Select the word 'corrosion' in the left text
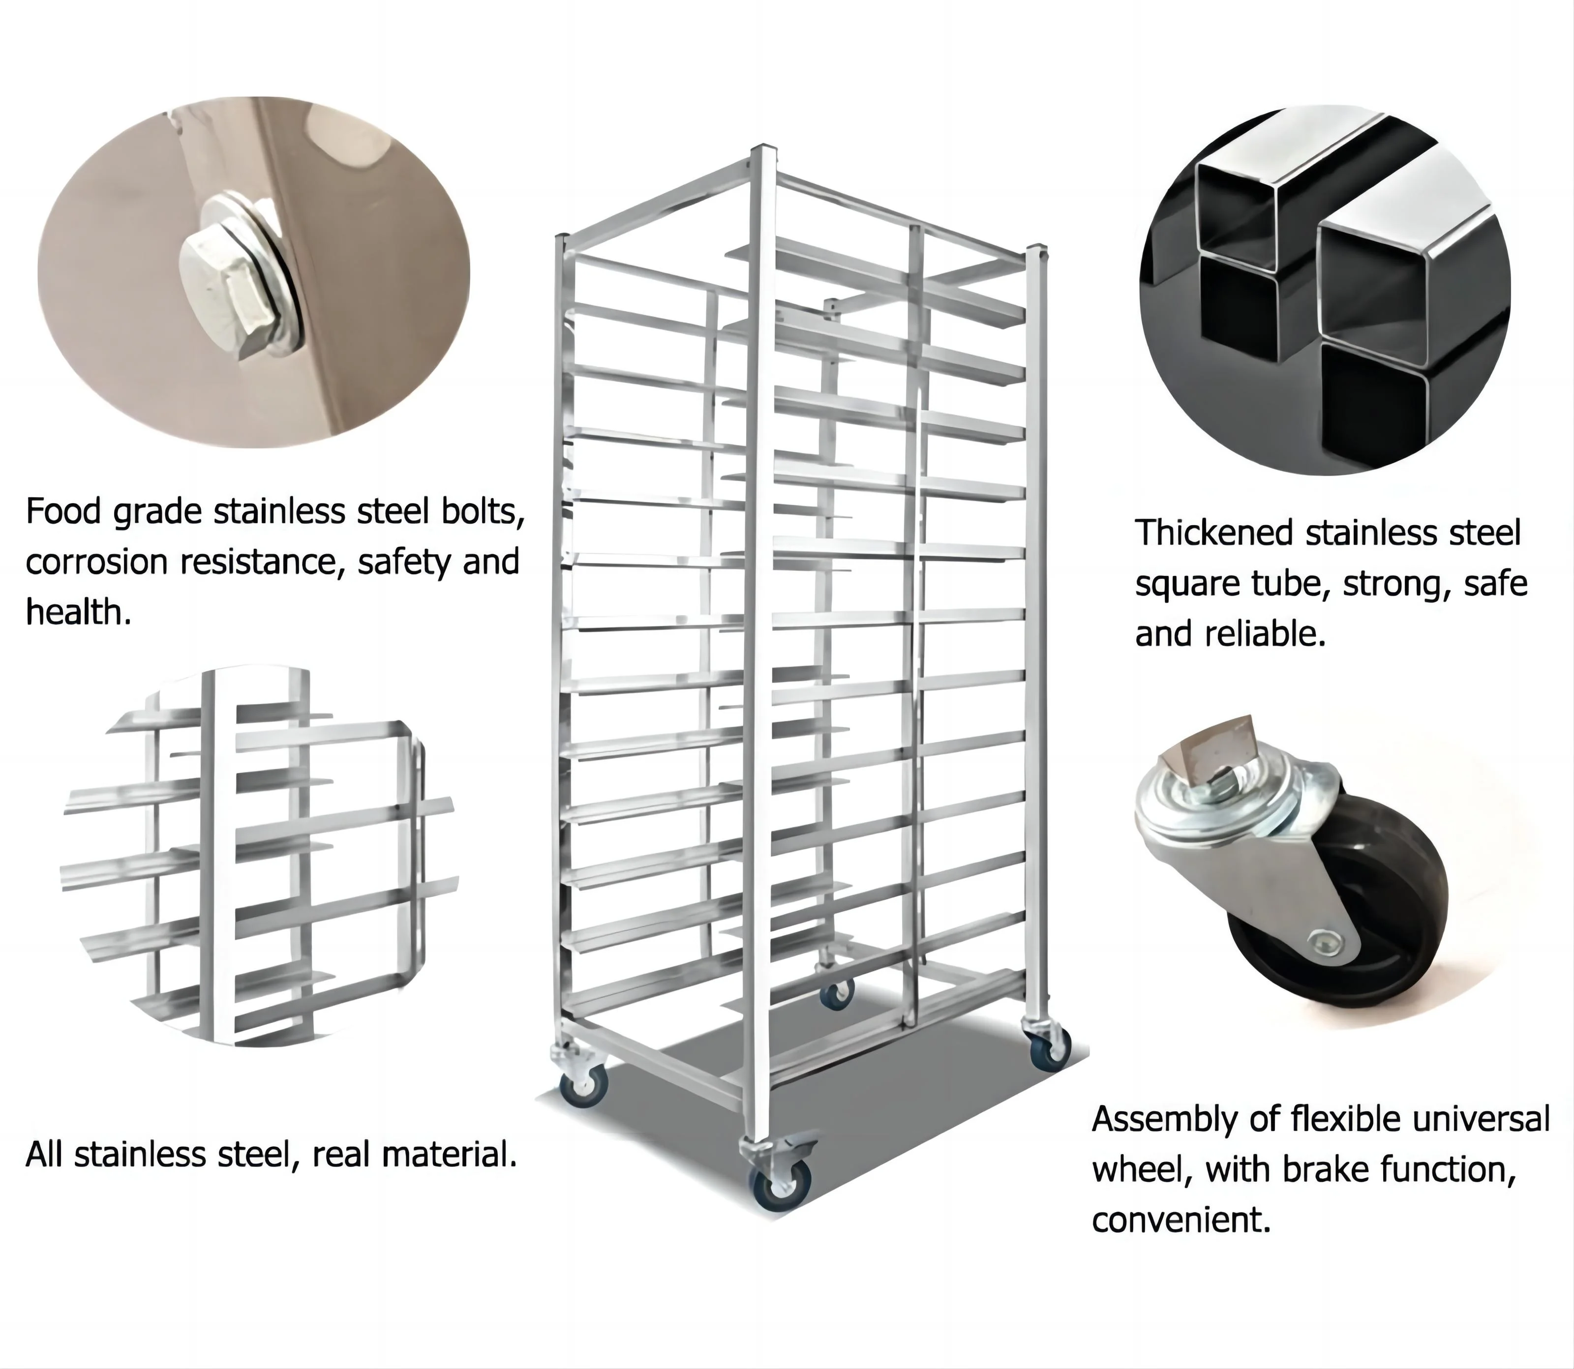click(x=96, y=562)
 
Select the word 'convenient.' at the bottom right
click(x=1180, y=1220)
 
